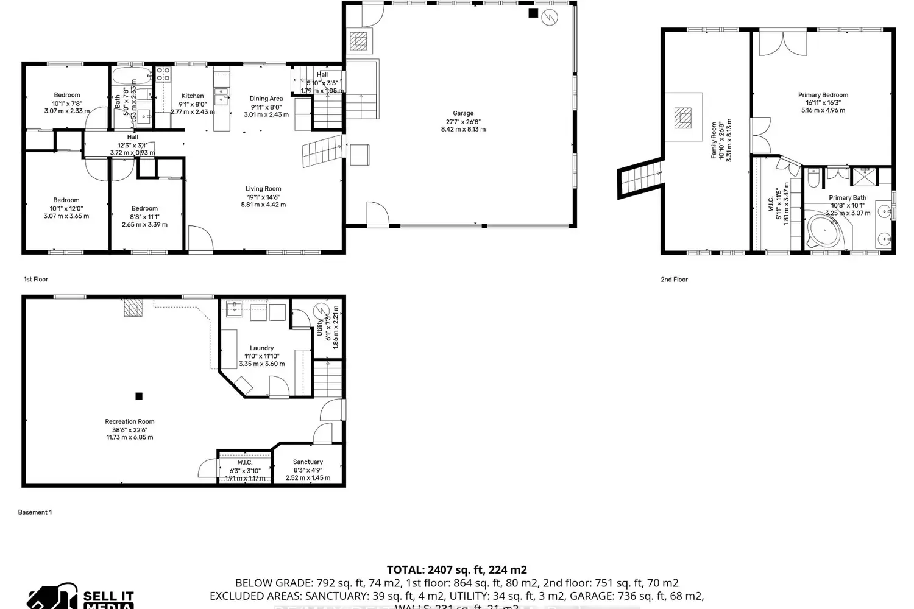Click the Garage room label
coord(463,113)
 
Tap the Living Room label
coord(263,189)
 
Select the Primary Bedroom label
coord(823,95)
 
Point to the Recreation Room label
coord(129,421)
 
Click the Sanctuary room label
coord(308,462)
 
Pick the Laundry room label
coord(261,348)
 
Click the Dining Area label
coord(266,99)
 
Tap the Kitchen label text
coord(193,96)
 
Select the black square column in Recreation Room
coord(139,396)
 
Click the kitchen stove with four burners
coord(163,74)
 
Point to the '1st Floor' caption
coord(36,280)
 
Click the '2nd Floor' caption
coord(674,280)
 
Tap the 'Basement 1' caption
coord(35,512)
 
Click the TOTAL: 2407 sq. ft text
coord(456,570)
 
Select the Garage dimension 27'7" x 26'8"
coord(463,121)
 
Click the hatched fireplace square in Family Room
coord(683,118)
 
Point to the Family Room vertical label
coord(714,140)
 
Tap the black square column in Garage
coord(533,12)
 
